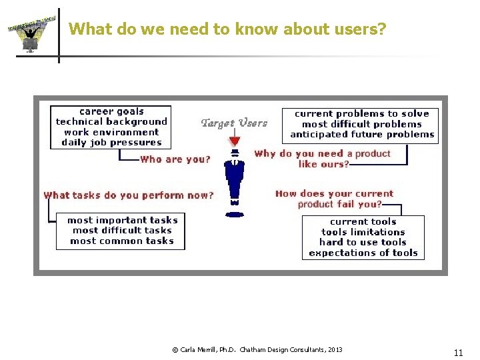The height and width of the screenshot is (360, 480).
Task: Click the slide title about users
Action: click(x=227, y=29)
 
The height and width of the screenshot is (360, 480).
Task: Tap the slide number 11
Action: click(x=458, y=353)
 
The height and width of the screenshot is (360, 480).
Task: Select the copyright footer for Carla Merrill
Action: click(x=257, y=349)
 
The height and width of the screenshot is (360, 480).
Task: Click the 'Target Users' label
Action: click(x=234, y=123)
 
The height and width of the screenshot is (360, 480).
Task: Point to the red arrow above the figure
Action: click(x=234, y=139)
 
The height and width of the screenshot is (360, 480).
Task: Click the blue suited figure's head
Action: click(x=234, y=153)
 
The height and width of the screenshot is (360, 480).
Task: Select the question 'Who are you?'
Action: click(x=175, y=159)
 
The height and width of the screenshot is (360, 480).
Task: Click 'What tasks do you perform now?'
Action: click(x=129, y=195)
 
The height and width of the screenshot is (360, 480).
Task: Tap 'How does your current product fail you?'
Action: click(x=335, y=199)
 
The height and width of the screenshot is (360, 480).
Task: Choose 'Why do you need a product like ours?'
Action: click(x=323, y=159)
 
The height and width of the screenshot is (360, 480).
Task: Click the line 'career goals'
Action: click(x=111, y=111)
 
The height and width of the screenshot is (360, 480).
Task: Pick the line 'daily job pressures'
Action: click(x=111, y=142)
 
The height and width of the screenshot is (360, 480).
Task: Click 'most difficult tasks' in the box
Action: click(x=122, y=230)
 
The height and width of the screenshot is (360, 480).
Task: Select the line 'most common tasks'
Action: click(x=122, y=241)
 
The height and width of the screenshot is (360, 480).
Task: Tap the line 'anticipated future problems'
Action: click(x=362, y=134)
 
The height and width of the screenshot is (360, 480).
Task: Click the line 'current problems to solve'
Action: click(x=362, y=113)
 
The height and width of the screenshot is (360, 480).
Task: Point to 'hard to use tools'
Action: click(x=363, y=242)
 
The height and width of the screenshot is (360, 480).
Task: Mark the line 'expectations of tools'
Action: click(x=363, y=253)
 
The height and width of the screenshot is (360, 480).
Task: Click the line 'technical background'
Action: click(x=111, y=121)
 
